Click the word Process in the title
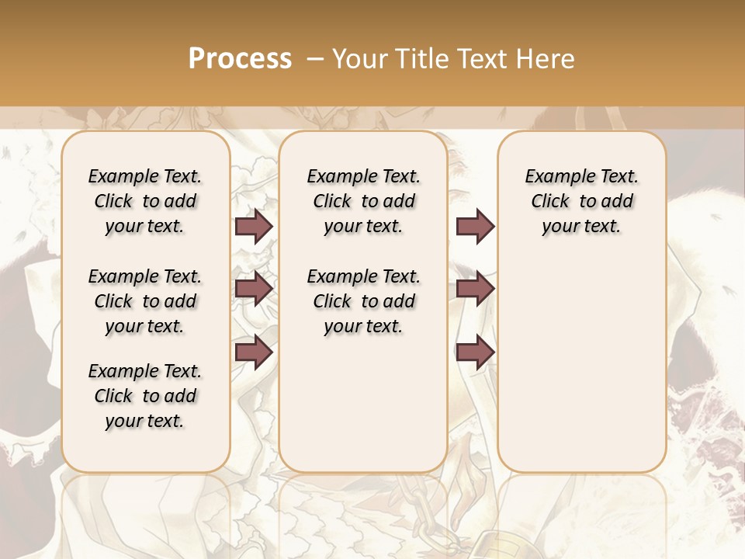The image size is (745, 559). [x=240, y=59]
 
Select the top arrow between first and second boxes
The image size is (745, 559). [x=254, y=226]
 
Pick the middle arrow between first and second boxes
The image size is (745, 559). [x=254, y=289]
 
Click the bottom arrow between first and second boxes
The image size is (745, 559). [x=254, y=352]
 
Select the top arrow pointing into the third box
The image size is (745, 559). [x=475, y=226]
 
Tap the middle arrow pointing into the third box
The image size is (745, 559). [x=475, y=289]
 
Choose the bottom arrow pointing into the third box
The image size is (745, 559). [x=475, y=352]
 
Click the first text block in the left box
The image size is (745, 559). [x=145, y=201]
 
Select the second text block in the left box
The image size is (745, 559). [x=145, y=301]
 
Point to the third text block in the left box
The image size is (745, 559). [x=145, y=396]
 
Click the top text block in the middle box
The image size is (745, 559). [x=363, y=201]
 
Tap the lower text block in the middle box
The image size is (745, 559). [x=363, y=301]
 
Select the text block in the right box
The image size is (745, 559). [x=581, y=201]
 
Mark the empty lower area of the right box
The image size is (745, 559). [x=581, y=365]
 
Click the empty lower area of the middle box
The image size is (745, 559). [x=363, y=404]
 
